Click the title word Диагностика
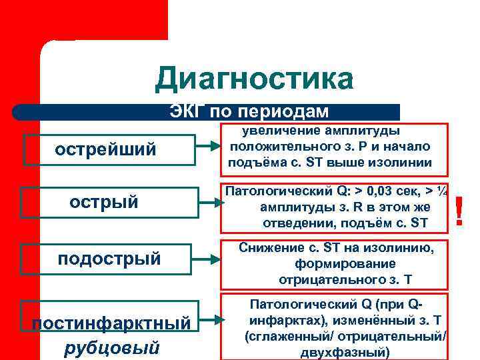[x=253, y=79]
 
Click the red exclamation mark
[x=459, y=211]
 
